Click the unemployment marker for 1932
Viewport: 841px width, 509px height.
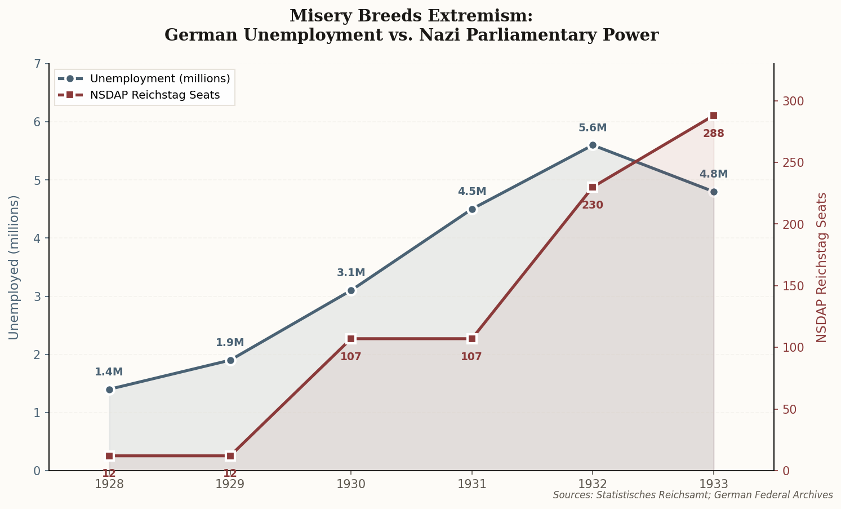(593, 145)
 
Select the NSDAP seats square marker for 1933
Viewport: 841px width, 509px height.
(714, 116)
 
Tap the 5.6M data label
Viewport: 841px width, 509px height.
(593, 128)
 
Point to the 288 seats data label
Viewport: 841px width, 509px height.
(714, 134)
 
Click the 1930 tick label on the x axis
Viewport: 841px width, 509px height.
(351, 484)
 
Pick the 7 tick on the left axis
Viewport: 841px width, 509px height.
(38, 64)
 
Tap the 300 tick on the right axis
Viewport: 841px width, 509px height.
(790, 101)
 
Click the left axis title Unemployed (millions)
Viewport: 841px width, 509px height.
(14, 267)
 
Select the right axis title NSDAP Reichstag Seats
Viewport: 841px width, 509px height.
(822, 267)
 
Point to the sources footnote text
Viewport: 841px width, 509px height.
(693, 495)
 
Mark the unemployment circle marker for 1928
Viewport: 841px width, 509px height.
(109, 390)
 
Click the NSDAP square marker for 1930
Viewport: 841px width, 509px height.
(351, 339)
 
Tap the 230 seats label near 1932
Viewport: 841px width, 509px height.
(593, 205)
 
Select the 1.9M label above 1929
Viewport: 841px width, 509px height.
(230, 343)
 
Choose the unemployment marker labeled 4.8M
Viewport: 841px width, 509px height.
(714, 192)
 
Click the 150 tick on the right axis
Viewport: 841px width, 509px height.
(790, 286)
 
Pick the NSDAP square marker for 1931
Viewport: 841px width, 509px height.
(472, 339)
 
